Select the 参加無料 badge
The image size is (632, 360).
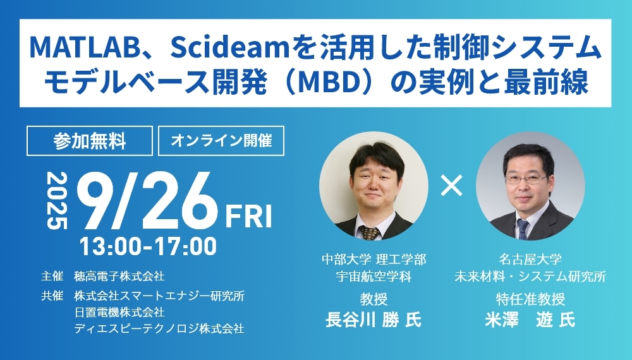(90, 141)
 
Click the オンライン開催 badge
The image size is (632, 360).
(221, 141)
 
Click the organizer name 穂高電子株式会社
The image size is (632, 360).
(119, 277)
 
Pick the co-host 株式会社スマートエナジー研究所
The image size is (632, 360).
(159, 296)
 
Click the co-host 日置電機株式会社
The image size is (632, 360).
(119, 312)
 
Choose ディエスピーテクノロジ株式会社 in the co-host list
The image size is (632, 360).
(159, 328)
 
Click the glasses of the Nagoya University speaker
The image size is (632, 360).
(526, 179)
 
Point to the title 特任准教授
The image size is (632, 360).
(530, 299)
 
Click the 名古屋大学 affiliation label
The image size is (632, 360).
(530, 259)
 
